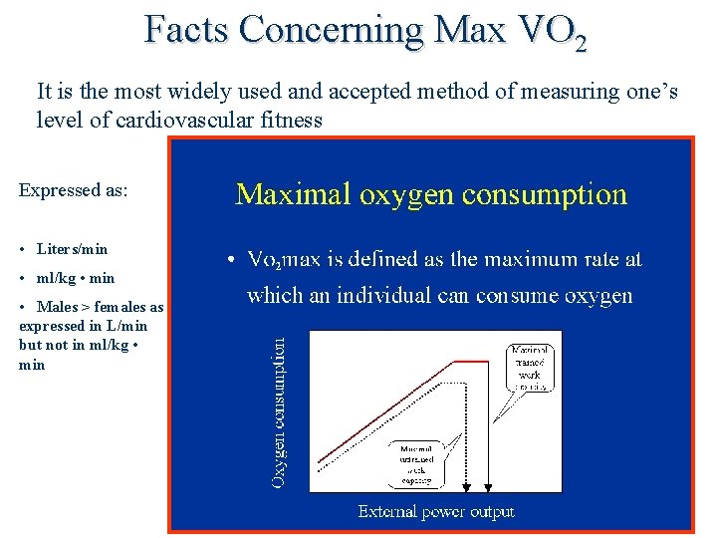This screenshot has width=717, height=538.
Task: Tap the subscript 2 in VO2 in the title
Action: pos(580,43)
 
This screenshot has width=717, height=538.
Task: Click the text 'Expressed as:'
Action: pos(73,189)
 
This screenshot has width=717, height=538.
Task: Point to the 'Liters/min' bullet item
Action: pos(72,249)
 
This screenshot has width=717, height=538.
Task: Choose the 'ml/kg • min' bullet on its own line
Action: pos(76,278)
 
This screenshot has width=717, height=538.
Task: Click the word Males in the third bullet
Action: pos(57,308)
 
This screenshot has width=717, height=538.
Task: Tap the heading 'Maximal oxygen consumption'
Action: pos(431,193)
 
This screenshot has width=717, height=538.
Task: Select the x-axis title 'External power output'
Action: pos(436,512)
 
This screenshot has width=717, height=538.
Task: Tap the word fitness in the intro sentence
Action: pos(294,120)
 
